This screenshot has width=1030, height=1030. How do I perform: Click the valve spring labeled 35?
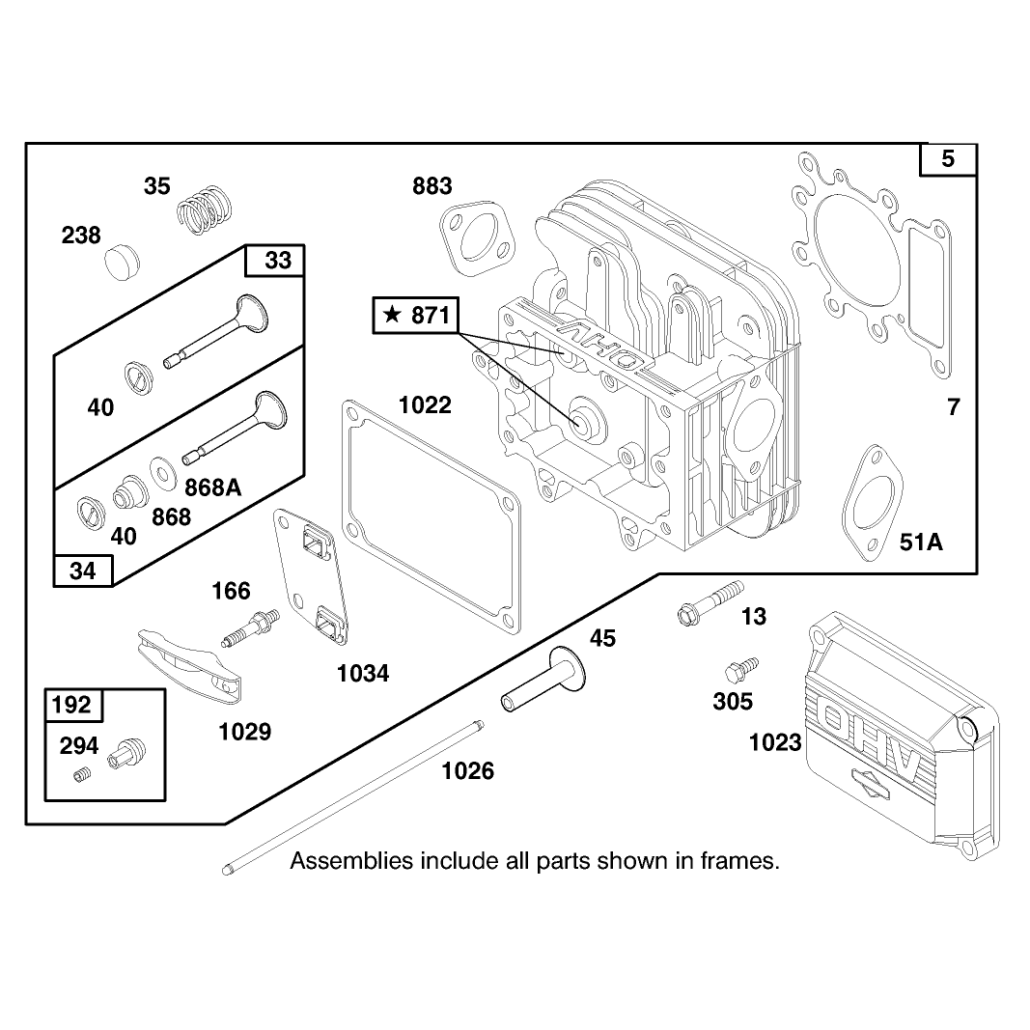[x=205, y=209]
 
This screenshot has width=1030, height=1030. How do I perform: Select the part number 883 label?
[x=432, y=186]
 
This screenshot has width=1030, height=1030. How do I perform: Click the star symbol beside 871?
[x=392, y=315]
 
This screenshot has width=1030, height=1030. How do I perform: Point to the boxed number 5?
[x=947, y=159]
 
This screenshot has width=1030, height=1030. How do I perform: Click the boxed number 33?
[x=278, y=260]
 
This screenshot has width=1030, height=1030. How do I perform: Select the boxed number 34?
[x=83, y=571]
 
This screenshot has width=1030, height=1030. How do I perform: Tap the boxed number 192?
[x=70, y=705]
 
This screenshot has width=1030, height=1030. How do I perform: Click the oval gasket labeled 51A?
[x=873, y=503]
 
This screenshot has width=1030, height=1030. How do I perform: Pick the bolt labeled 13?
[x=710, y=602]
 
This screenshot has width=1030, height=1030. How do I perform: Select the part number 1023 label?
[x=775, y=743]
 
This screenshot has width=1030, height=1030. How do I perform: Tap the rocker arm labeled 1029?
[x=188, y=664]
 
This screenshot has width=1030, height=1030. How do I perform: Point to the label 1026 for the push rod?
[x=468, y=770]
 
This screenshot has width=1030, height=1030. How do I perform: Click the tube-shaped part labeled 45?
[x=543, y=679]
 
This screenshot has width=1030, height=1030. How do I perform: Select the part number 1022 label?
[x=425, y=405]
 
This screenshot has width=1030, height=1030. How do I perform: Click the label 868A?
[x=212, y=487]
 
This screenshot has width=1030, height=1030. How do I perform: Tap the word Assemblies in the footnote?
[x=351, y=860]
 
